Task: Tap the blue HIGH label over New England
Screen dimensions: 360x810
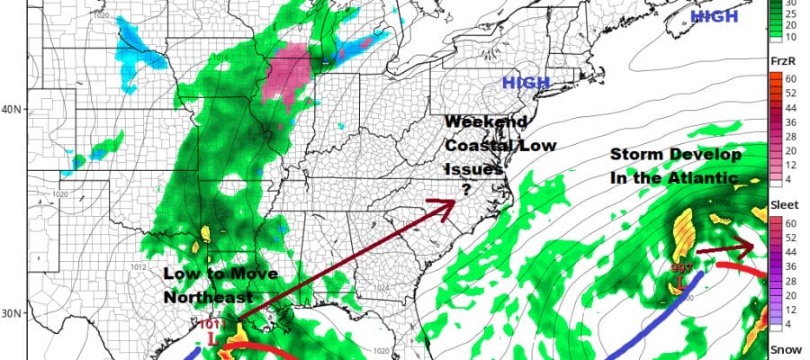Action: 525,84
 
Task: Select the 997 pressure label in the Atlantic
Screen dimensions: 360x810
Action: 681,268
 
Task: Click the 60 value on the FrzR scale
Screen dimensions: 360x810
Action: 796,77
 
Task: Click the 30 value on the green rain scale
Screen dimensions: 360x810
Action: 796,4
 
